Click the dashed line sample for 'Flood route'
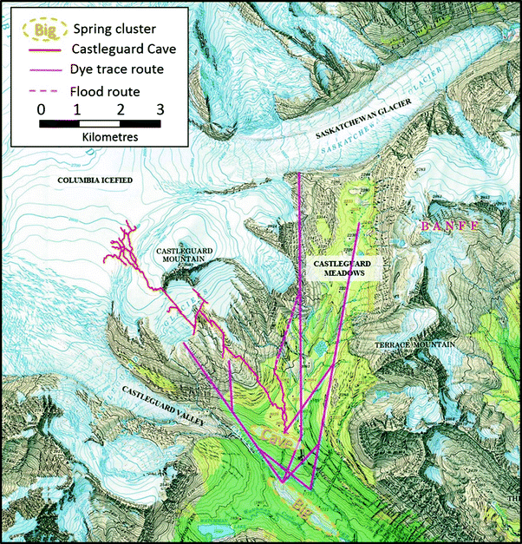[x=42, y=89]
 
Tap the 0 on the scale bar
[x=41, y=109]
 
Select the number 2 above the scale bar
[x=121, y=109]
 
